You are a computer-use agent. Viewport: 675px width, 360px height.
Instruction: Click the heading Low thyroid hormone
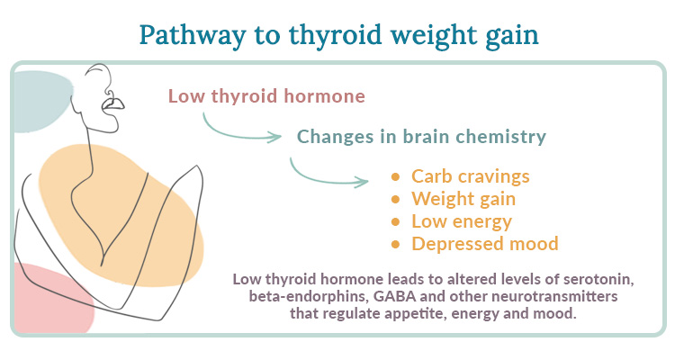pyautogui.click(x=266, y=96)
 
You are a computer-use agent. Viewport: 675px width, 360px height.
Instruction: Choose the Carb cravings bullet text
pyautogui.click(x=471, y=175)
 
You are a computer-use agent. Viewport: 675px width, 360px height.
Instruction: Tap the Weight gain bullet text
pyautogui.click(x=463, y=198)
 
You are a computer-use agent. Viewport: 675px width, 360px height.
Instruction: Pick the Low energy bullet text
pyautogui.click(x=461, y=220)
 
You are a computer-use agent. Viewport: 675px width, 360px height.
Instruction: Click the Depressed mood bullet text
pyautogui.click(x=485, y=243)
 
